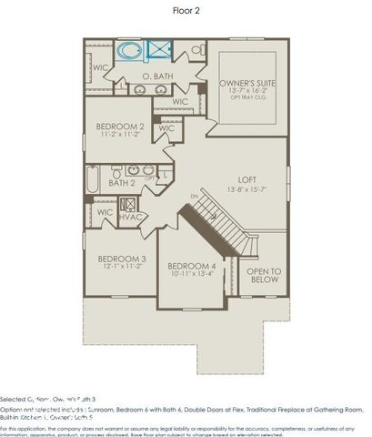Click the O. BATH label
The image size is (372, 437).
click(x=157, y=76)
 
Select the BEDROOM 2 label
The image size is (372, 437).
click(x=121, y=126)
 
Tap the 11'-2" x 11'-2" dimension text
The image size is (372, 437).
click(x=121, y=134)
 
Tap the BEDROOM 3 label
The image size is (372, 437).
click(x=122, y=259)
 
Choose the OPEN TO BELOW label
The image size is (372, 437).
click(x=264, y=276)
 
